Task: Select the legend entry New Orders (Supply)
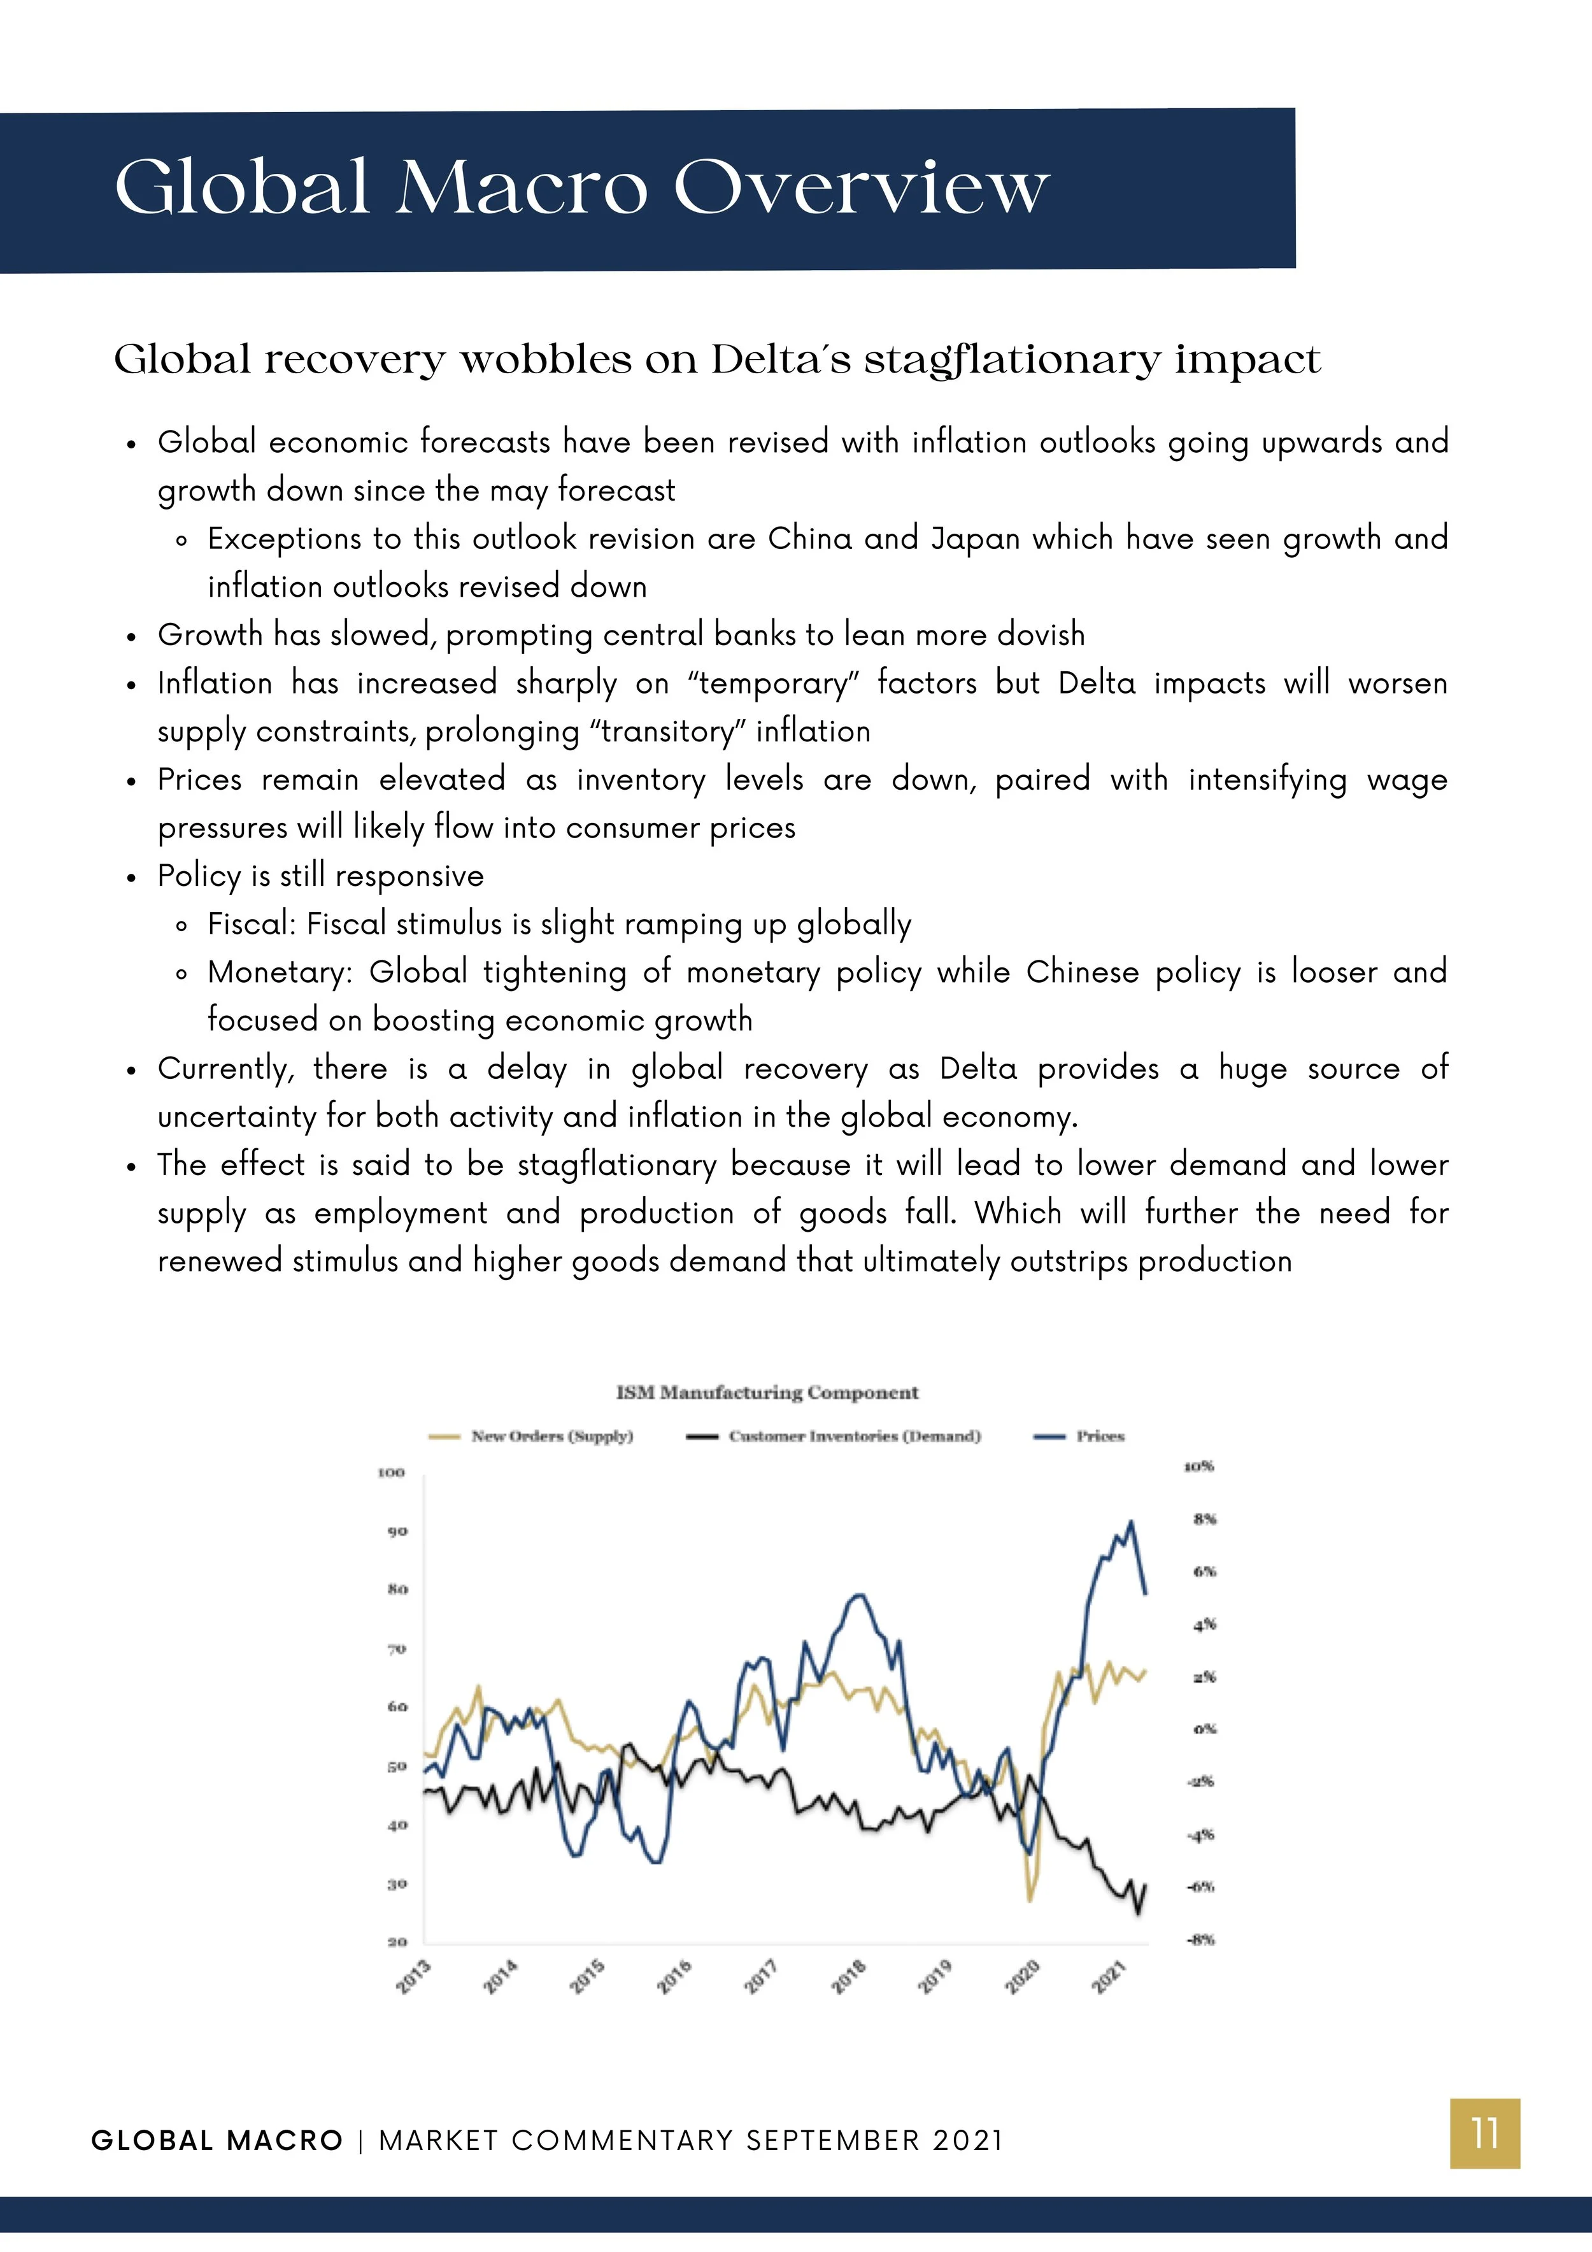click(x=551, y=1436)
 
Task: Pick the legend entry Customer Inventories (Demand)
click(x=853, y=1436)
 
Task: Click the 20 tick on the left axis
click(x=395, y=1942)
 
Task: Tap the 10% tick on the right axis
click(x=1198, y=1466)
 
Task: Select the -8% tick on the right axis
click(x=1200, y=1939)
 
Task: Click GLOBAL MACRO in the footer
click(x=217, y=2139)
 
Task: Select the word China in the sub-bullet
click(x=809, y=538)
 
